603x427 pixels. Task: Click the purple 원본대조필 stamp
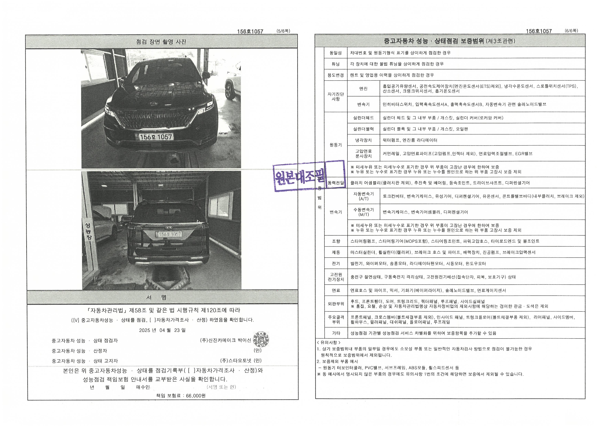[x=309, y=176]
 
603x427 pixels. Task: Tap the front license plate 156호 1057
[x=154, y=137]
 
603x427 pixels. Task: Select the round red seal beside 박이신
[x=261, y=339]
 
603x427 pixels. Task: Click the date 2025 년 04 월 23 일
[x=162, y=330]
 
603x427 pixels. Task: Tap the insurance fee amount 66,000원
[x=196, y=396]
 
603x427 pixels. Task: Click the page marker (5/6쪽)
[x=283, y=31]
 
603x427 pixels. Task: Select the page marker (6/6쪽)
[x=572, y=31]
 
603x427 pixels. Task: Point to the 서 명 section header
[x=156, y=297]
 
